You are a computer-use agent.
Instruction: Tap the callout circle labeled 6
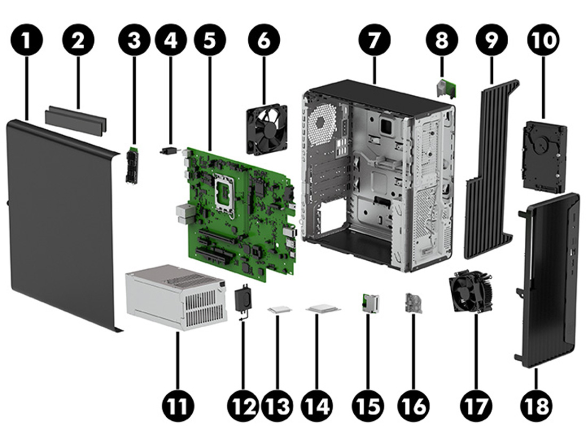[x=264, y=41]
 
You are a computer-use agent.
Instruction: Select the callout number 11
[x=178, y=405]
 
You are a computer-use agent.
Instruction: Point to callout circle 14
[x=316, y=405]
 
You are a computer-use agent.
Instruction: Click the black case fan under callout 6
[x=267, y=130]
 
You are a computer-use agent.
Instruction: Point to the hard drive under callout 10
[x=544, y=157]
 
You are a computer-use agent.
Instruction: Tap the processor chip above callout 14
[x=323, y=309]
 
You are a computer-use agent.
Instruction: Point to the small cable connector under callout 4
[x=170, y=151]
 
